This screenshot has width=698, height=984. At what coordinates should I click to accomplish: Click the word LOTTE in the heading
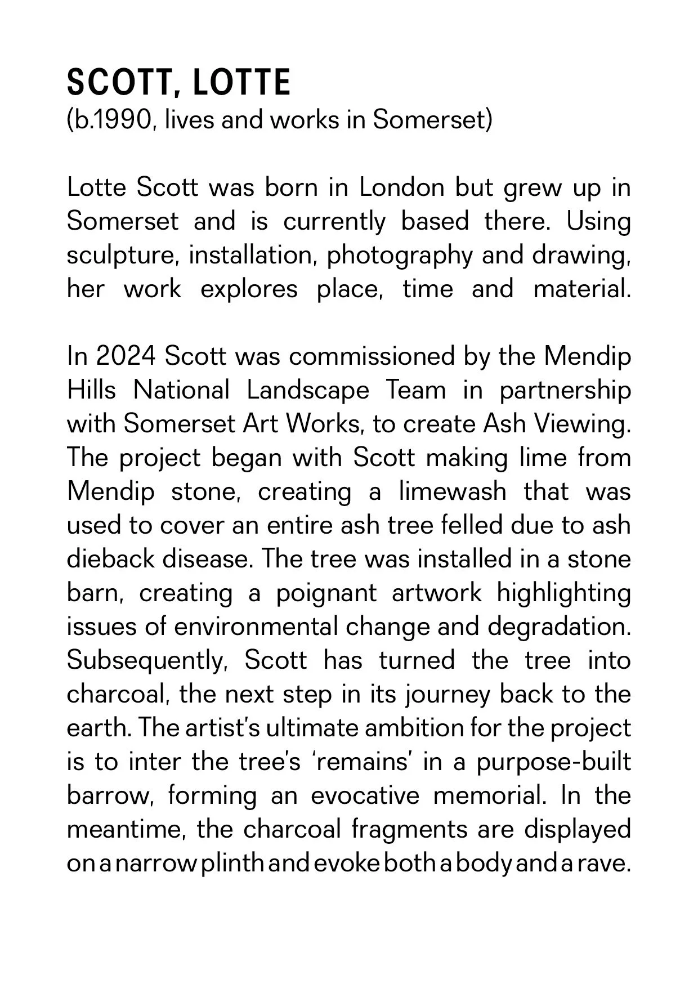coord(242,83)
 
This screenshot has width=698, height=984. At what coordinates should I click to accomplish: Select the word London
coord(402,187)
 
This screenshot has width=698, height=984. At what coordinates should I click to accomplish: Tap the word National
coord(181,390)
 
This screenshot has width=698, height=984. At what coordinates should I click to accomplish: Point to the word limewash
coord(453,491)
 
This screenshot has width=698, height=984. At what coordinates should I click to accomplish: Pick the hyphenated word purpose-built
coord(553,762)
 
